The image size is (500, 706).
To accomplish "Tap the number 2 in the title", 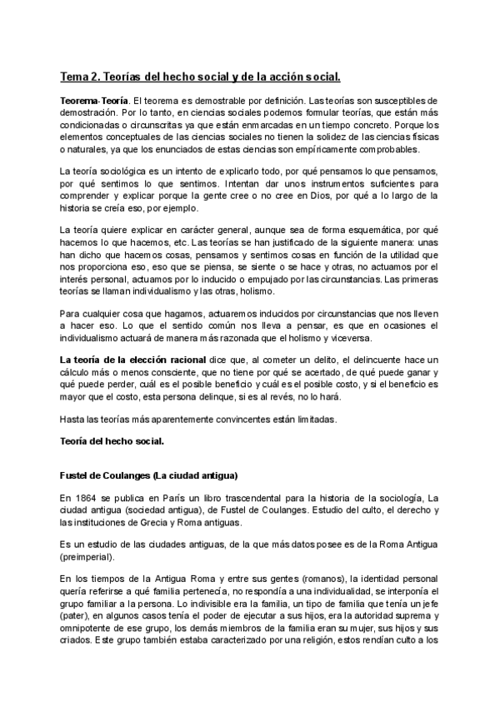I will tap(95, 78).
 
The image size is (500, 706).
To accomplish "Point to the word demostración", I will tap(89, 113).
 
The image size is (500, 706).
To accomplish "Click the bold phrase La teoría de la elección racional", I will tap(125, 358).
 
